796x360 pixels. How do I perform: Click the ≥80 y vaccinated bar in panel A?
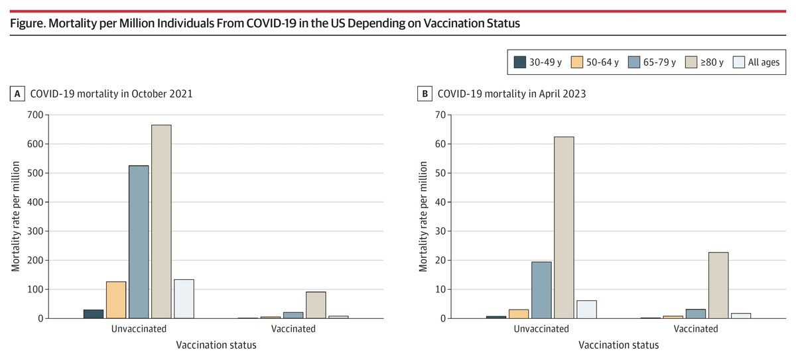pyautogui.click(x=316, y=305)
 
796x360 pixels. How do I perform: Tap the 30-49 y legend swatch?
pyautogui.click(x=520, y=62)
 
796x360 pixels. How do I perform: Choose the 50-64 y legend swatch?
pyautogui.click(x=576, y=62)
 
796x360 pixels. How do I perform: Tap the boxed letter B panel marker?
pyautogui.click(x=425, y=94)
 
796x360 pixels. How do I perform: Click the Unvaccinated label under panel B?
pyautogui.click(x=541, y=329)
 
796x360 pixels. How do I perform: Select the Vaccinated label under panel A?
pyautogui.click(x=293, y=329)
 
